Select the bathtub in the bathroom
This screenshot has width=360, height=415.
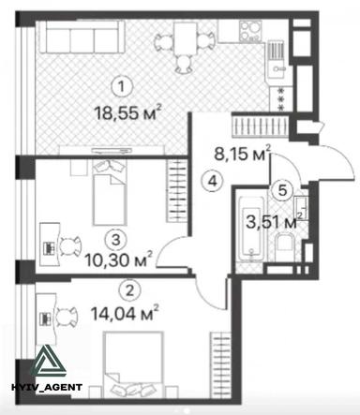click(252, 228)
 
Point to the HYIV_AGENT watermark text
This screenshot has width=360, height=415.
click(44, 387)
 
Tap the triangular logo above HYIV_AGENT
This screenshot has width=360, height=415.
click(45, 360)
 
